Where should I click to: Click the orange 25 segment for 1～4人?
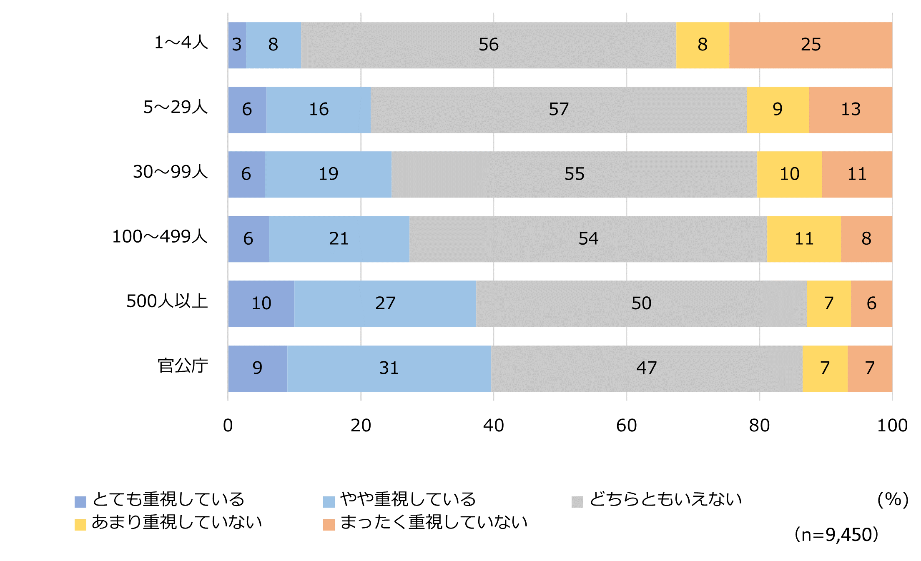click(811, 45)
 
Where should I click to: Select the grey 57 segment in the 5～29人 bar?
click(558, 110)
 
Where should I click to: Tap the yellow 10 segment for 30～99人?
click(789, 174)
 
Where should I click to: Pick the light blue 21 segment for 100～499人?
click(339, 239)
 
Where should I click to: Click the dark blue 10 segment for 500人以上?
click(261, 303)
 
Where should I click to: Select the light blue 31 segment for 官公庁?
click(389, 368)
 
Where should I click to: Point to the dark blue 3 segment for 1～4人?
click(237, 45)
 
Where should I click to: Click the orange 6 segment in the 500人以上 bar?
click(871, 303)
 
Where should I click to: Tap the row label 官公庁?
click(183, 366)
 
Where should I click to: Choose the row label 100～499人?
click(160, 237)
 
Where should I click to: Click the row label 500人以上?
click(167, 301)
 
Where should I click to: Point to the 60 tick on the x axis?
click(626, 426)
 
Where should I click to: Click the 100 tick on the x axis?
click(892, 426)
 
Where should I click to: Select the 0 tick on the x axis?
click(228, 426)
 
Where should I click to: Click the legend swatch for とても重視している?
click(80, 502)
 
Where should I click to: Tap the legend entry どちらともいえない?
click(665, 499)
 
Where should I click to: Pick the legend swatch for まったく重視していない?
click(329, 525)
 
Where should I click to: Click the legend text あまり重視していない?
click(177, 522)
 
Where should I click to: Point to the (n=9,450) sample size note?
click(836, 535)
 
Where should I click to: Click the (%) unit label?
click(893, 499)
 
